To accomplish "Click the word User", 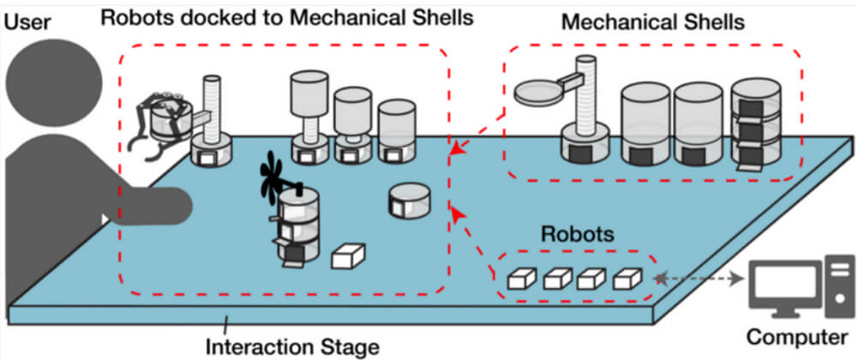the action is tap(27, 21).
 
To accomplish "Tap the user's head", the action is tap(54, 82).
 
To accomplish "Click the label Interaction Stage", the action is tap(292, 346).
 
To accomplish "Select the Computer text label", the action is tap(796, 338).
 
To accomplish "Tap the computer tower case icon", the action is tap(839, 285).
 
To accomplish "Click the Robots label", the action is tap(578, 234).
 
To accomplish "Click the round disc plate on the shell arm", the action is tap(537, 92).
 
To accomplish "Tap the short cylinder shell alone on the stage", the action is tap(410, 200).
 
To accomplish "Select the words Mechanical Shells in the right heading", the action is tap(653, 21).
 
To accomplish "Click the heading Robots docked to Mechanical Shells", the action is tap(287, 17).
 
